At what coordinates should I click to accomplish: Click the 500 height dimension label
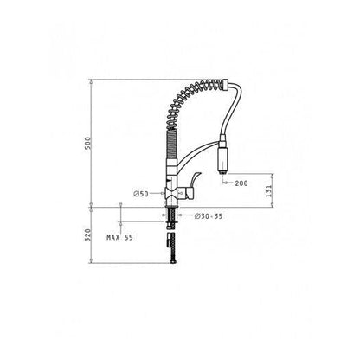[x=88, y=143]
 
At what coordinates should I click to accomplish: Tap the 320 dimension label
[x=88, y=235]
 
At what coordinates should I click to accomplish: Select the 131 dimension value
[x=268, y=191]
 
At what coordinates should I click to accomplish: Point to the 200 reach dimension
[x=241, y=183]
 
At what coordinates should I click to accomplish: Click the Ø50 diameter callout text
[x=141, y=194]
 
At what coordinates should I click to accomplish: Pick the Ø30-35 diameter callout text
[x=209, y=216]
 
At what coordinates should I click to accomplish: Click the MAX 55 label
[x=120, y=238]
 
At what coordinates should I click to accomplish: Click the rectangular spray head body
[x=222, y=158]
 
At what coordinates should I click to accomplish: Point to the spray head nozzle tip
[x=223, y=172]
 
